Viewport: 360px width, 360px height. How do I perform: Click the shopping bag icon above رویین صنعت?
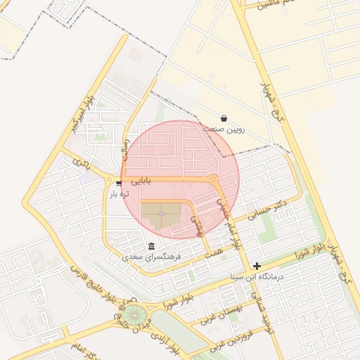click(224, 118)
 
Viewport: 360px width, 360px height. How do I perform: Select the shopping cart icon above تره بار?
click(120, 184)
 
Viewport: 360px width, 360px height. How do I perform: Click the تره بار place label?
click(120, 194)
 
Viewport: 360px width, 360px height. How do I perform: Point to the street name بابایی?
click(141, 181)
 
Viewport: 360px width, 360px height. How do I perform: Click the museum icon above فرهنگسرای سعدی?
click(152, 245)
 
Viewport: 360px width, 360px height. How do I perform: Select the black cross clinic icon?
click(257, 266)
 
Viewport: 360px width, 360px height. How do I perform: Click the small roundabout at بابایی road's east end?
click(213, 181)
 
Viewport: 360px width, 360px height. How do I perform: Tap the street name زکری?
click(80, 163)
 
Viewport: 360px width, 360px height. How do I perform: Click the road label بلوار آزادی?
click(169, 344)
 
